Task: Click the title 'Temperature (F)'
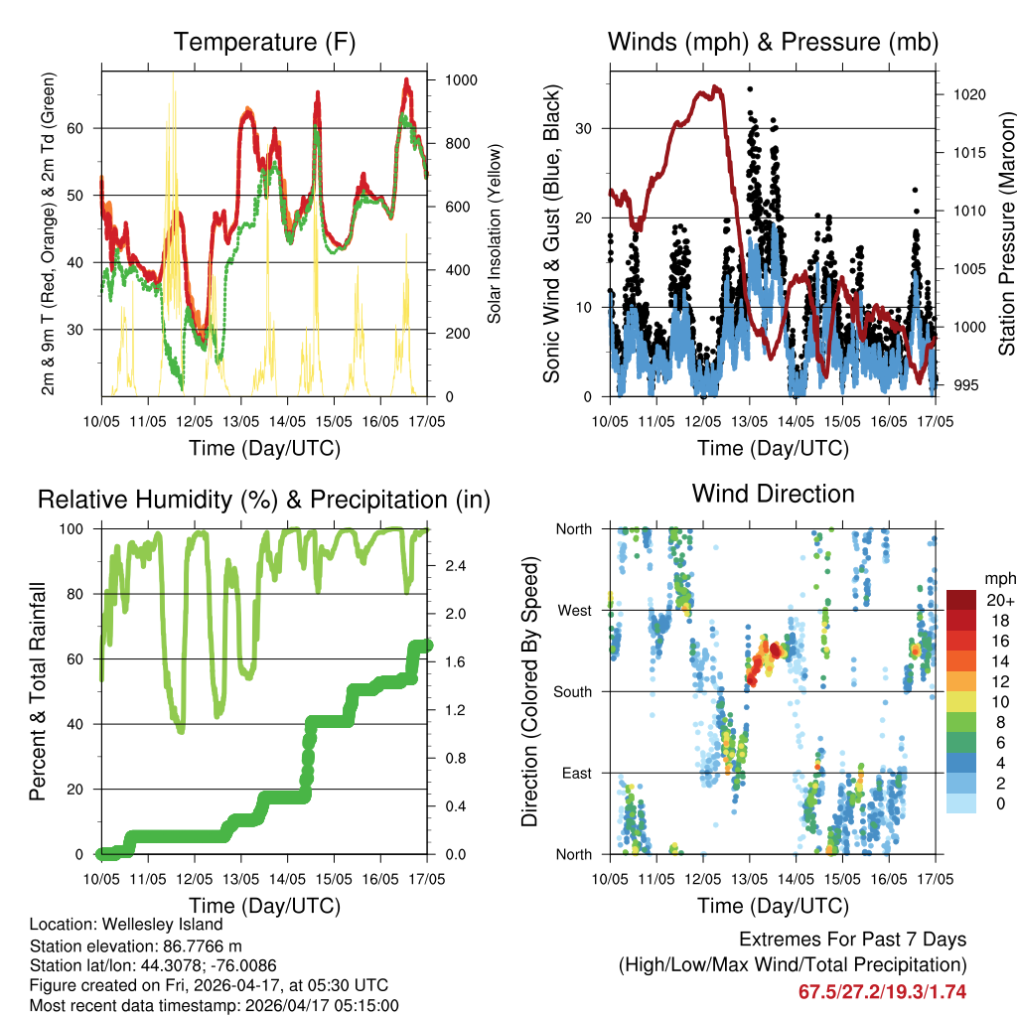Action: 264,43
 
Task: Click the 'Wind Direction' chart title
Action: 773,494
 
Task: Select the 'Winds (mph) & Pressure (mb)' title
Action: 773,43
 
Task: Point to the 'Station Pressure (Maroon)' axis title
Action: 1006,233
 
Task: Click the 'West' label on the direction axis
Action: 575,610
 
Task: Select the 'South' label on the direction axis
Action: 573,691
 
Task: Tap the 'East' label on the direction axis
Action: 577,773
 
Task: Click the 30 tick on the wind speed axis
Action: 586,128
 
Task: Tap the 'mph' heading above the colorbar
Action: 999,578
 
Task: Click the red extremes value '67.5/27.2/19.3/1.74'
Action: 882,991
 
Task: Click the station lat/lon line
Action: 152,965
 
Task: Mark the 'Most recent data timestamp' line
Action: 215,1005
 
